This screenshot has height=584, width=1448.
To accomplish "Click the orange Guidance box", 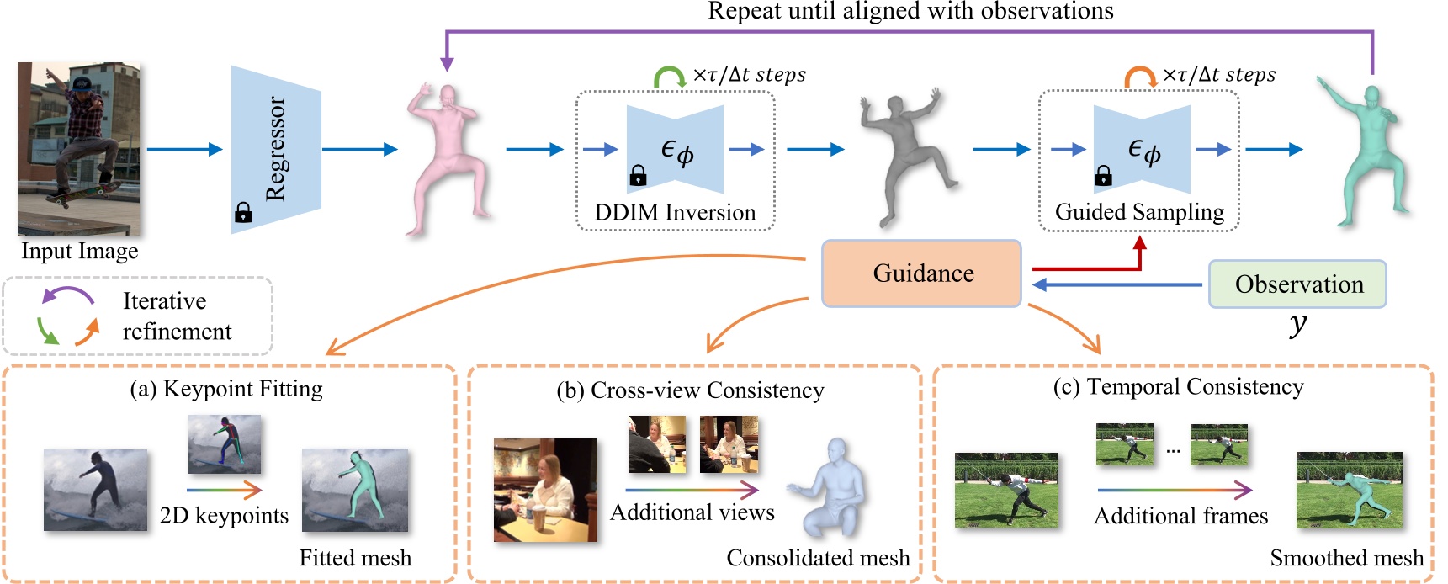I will coord(922,273).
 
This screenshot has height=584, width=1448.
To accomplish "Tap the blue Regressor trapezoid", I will coord(276,149).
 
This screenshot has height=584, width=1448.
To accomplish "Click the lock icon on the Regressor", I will coord(243,213).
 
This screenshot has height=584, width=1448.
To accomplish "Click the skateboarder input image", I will coord(79,148).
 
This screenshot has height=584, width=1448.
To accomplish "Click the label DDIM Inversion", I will coord(675,213).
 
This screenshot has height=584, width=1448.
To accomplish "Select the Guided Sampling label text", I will coord(1139,212).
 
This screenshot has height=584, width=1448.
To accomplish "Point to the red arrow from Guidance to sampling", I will coord(1094,268).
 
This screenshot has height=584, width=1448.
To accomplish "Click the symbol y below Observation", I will coord(1298,324).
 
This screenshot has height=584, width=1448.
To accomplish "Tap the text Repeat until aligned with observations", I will coord(910,11).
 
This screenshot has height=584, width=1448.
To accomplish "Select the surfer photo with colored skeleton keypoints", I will coord(224,443).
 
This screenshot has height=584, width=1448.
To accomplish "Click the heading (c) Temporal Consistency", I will coord(1178,387).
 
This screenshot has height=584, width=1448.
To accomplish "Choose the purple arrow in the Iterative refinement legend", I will coord(67,295).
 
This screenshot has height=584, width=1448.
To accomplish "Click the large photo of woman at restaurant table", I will coord(545,489).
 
